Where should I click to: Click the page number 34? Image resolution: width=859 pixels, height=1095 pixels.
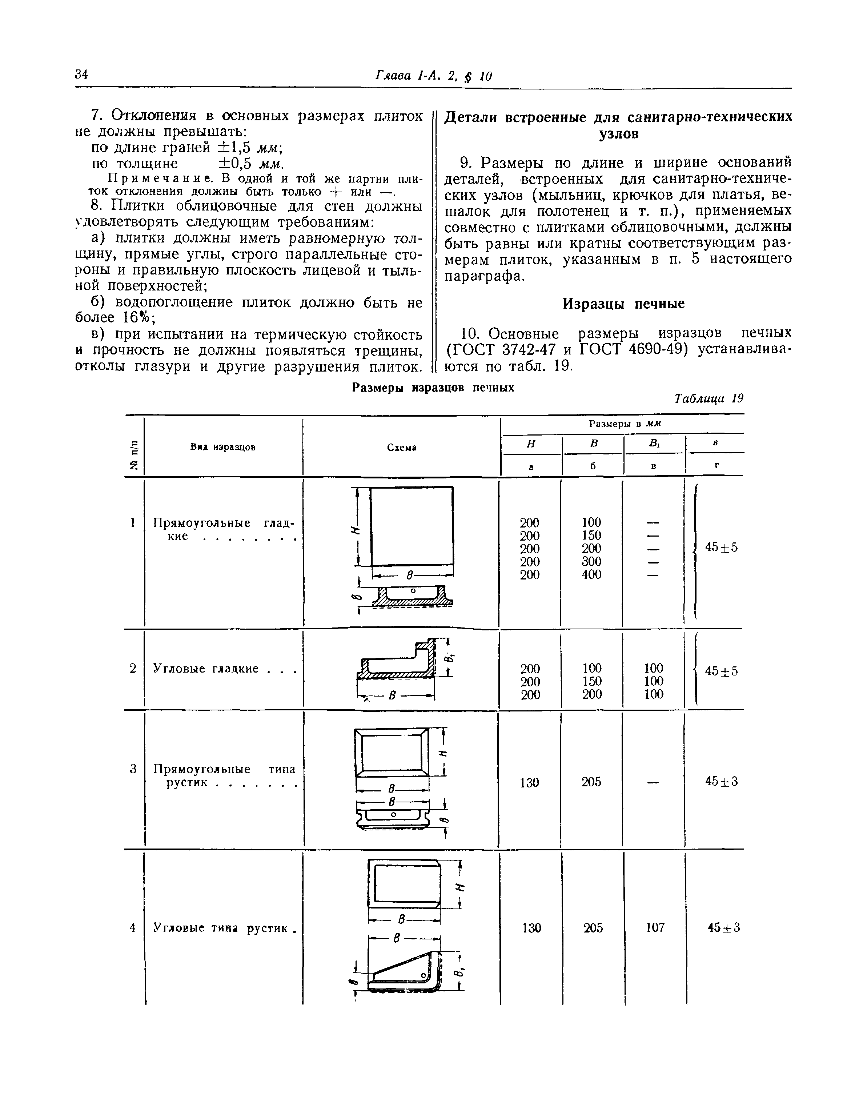pyautogui.click(x=81, y=75)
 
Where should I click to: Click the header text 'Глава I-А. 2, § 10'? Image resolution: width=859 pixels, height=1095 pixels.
pyautogui.click(x=434, y=76)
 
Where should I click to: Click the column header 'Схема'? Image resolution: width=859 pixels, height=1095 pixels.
pyautogui.click(x=401, y=447)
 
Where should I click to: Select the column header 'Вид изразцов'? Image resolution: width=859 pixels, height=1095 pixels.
pyautogui.click(x=223, y=447)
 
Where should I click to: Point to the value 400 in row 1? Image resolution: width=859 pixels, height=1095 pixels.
pyautogui.click(x=591, y=574)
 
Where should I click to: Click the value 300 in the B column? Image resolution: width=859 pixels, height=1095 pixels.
pyautogui.click(x=591, y=561)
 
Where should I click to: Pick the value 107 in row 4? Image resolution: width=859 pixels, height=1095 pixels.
pyautogui.click(x=655, y=927)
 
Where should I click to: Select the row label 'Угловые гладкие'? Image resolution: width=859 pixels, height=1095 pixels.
pyautogui.click(x=206, y=669)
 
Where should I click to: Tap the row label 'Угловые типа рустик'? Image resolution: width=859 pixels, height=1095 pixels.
pyautogui.click(x=220, y=927)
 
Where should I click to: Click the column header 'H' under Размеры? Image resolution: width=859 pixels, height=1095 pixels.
pyautogui.click(x=530, y=444)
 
